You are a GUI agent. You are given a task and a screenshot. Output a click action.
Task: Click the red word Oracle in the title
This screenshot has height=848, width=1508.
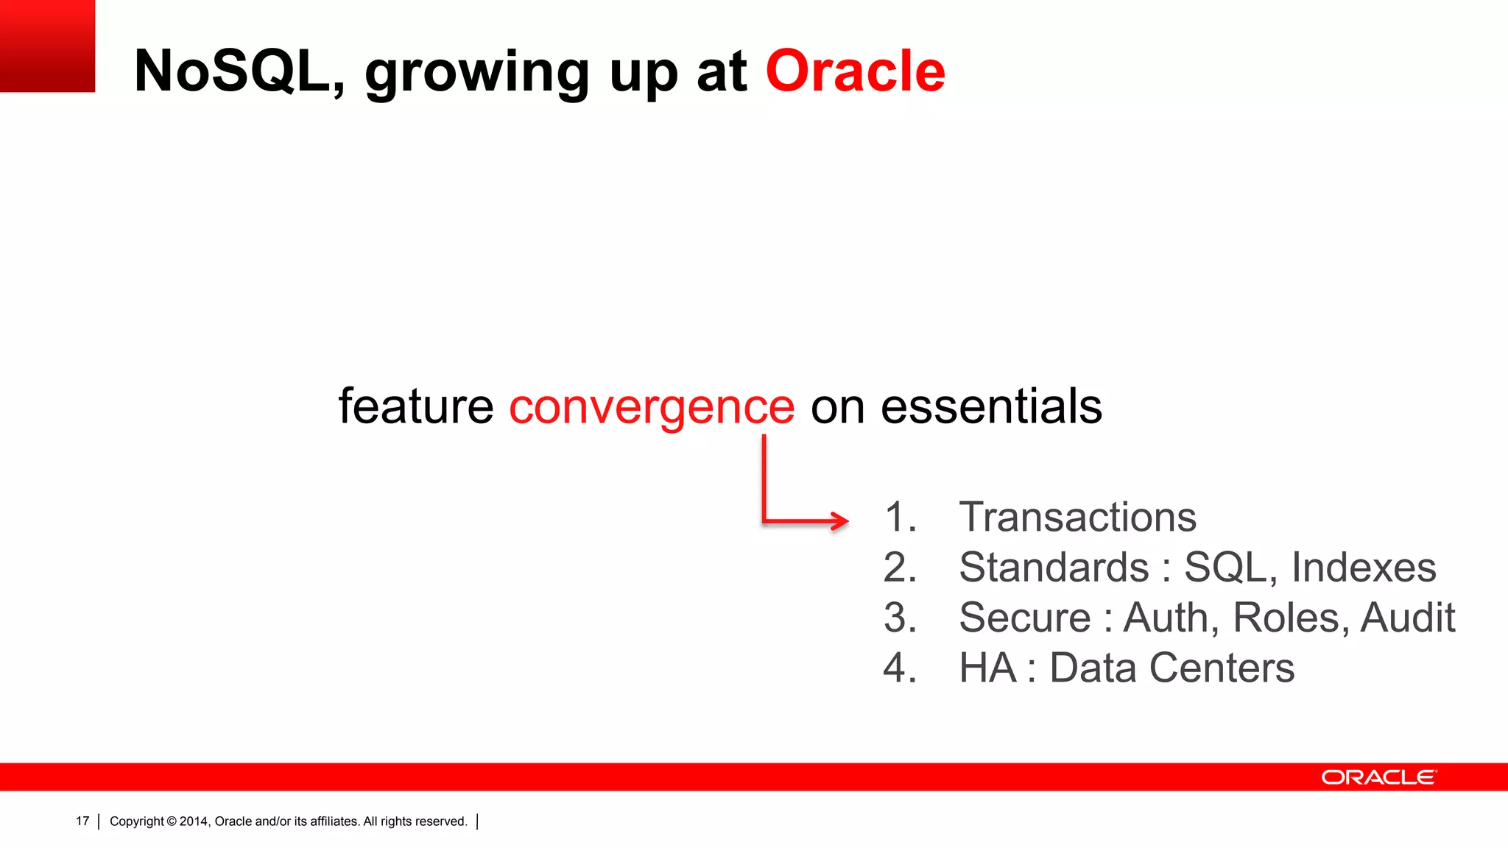[x=855, y=71]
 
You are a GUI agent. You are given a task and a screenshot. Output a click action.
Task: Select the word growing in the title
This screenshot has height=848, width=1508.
[x=477, y=74]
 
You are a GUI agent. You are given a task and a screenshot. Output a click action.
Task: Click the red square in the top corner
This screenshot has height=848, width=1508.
[x=47, y=46]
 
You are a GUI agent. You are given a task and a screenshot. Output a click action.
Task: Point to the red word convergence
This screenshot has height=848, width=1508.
[x=652, y=407]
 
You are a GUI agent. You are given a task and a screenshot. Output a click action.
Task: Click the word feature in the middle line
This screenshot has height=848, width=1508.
[x=415, y=406]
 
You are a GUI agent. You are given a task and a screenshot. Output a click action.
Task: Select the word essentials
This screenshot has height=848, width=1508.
[x=991, y=406]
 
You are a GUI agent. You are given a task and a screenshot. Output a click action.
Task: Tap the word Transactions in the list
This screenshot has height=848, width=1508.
[x=1077, y=517]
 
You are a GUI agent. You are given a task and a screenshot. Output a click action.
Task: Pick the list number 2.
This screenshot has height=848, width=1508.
[x=899, y=568]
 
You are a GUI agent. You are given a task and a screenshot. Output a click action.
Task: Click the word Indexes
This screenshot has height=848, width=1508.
[x=1364, y=568]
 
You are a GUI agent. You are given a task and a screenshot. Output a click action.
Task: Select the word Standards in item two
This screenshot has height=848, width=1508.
[x=1054, y=568]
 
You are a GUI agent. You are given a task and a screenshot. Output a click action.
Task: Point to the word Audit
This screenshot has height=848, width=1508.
[x=1407, y=618]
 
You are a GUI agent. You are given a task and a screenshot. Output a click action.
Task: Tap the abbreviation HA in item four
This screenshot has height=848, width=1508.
[x=987, y=668]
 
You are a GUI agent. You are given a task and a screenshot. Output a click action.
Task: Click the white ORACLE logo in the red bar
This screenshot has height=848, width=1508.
[x=1378, y=777]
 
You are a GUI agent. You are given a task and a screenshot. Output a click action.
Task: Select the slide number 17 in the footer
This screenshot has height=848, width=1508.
[x=82, y=821]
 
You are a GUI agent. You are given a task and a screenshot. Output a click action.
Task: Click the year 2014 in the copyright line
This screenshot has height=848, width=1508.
[x=194, y=821]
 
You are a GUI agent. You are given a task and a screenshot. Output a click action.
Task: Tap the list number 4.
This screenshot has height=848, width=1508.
[x=899, y=668]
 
